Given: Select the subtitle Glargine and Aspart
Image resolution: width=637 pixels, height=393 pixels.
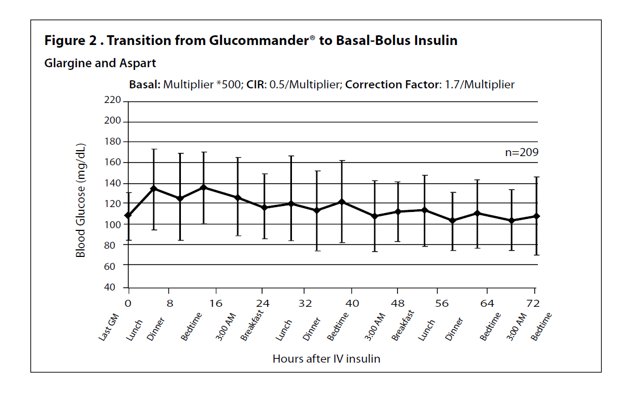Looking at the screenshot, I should tap(100, 63).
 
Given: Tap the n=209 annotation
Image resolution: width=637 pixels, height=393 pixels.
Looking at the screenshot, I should tap(521, 152).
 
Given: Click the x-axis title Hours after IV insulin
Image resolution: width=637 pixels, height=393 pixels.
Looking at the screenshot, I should tap(326, 359).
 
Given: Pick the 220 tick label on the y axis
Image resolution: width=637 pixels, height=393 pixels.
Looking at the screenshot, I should tap(112, 100).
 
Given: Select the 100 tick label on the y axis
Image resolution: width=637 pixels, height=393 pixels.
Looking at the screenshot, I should tap(112, 224).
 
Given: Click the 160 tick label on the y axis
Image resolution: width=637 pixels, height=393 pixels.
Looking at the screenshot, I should tap(112, 163).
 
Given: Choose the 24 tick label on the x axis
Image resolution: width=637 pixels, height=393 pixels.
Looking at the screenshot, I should tap(262, 303).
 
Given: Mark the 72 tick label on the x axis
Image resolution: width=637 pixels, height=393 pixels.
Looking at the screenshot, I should tap(535, 303).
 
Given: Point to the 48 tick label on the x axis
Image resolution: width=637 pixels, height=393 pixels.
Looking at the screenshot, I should tap(398, 303).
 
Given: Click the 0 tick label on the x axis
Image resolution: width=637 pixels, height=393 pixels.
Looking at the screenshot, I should tap(128, 303).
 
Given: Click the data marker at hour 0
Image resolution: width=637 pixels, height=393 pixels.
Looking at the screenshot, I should tap(128, 216).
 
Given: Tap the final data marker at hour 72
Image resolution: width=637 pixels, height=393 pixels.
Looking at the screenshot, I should tap(536, 216).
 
